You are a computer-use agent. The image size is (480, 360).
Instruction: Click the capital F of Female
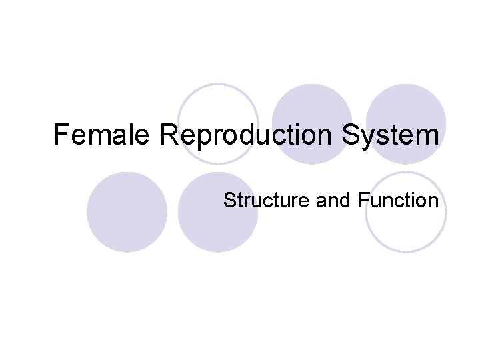coord(61,135)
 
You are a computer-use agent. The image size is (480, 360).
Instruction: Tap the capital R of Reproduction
coord(168,135)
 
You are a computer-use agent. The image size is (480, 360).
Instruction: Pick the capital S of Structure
coord(229,200)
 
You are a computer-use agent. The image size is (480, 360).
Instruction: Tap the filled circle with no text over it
coord(127,212)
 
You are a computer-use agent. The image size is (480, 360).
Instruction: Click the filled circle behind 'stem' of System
coord(406,107)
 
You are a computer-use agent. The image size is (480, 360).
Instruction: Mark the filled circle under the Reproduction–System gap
coord(311,107)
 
